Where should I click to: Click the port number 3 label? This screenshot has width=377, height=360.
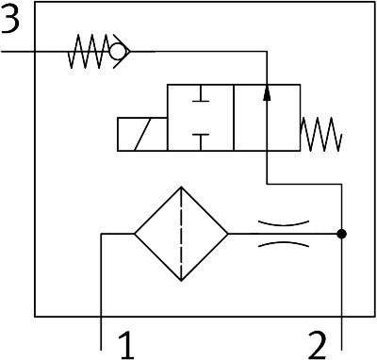coord(9,19)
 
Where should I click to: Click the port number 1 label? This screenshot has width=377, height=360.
coord(126,346)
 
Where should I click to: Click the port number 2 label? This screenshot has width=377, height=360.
coord(318,346)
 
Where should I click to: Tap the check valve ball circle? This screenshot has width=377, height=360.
coord(117,51)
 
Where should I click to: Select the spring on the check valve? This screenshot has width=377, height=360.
coord(90,51)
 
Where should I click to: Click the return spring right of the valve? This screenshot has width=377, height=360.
coord(321,135)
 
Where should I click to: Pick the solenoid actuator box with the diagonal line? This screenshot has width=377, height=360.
coord(142,135)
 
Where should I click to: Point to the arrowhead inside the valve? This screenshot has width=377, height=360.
coord(267,92)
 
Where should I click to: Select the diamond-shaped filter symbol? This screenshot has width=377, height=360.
coord(181,234)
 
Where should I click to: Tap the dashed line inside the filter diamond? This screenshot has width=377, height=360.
coord(181,234)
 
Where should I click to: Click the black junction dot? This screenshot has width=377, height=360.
coord(341,234)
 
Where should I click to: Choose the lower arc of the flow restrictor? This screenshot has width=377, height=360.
coord(284,243)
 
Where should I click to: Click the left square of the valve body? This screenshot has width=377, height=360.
coord(201,118)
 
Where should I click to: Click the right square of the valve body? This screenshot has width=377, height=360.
coord(267,118)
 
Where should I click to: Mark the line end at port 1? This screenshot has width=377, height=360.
coord(101,350)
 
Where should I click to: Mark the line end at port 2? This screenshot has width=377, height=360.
coord(342,350)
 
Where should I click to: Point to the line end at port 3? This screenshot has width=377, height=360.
coord(2,51)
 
